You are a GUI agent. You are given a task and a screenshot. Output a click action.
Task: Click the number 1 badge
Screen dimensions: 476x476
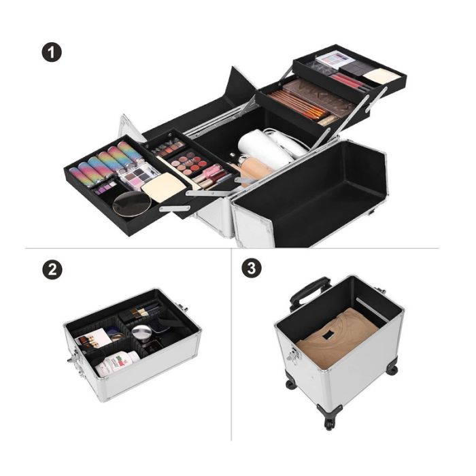52,52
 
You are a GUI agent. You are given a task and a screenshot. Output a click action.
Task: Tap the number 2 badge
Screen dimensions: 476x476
52,269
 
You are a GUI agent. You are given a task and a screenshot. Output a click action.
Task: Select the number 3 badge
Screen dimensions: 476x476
252,268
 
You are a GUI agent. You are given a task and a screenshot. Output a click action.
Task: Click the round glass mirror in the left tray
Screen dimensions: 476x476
132,204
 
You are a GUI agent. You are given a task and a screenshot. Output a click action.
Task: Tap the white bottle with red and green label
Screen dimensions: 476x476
117,364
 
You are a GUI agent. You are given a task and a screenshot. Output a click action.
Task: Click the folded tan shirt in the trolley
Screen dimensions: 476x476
337,339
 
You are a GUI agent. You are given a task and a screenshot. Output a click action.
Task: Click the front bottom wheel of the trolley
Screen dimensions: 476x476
329,422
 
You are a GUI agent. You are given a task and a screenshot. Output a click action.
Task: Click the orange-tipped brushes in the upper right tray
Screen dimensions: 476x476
299,104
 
